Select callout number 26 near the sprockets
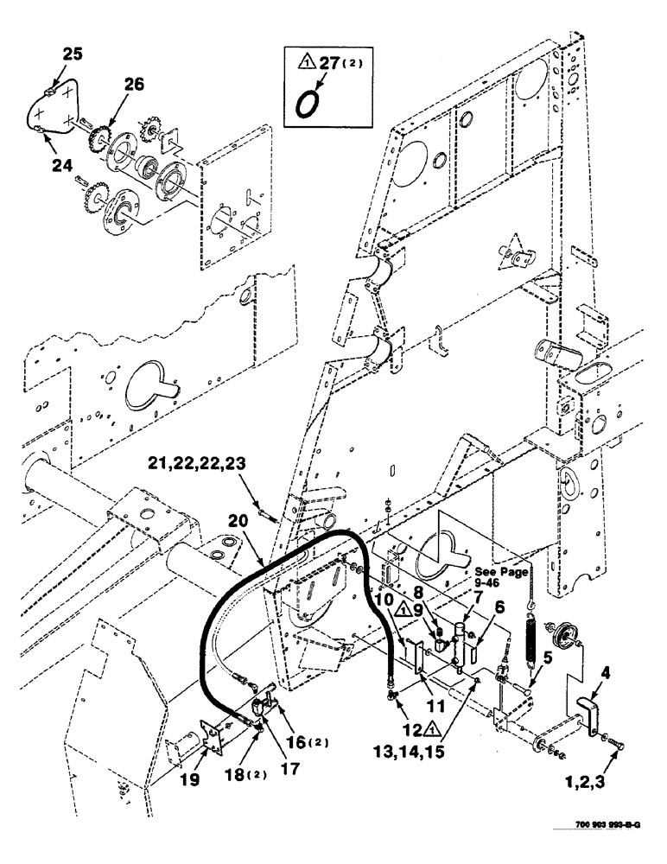(x=135, y=84)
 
